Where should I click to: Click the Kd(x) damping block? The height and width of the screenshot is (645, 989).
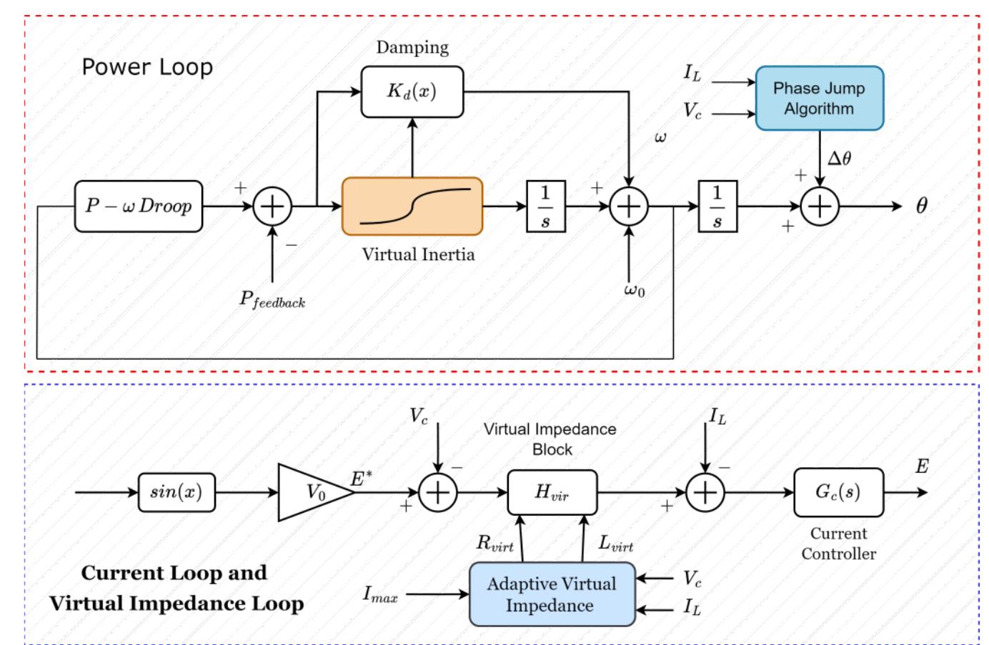click(x=412, y=91)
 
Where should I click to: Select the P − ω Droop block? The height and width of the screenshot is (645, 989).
click(x=139, y=206)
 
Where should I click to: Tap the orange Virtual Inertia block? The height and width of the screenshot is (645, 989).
click(x=412, y=206)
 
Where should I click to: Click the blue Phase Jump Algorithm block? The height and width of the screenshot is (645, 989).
click(x=819, y=99)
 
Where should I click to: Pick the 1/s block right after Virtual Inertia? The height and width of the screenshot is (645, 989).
click(x=545, y=206)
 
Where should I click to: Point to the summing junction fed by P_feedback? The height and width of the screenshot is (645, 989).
click(x=272, y=206)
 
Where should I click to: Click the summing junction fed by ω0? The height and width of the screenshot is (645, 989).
click(x=628, y=206)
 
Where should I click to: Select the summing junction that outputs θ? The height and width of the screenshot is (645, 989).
click(x=819, y=206)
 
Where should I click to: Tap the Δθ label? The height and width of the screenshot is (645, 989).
click(x=839, y=158)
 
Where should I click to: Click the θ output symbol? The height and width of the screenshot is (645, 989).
click(x=922, y=206)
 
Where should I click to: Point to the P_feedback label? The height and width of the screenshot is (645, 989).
click(x=272, y=299)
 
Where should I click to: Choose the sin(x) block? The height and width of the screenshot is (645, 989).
click(x=176, y=492)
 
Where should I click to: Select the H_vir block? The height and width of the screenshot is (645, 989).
click(x=552, y=492)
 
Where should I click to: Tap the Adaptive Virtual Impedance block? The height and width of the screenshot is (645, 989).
click(x=552, y=594)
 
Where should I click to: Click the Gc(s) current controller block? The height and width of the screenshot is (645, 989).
click(x=838, y=492)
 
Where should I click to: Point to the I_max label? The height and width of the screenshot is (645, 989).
click(x=380, y=594)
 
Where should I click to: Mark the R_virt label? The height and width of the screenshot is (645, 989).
click(x=494, y=544)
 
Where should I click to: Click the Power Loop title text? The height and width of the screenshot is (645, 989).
click(x=147, y=67)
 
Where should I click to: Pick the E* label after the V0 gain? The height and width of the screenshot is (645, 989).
click(x=361, y=478)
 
